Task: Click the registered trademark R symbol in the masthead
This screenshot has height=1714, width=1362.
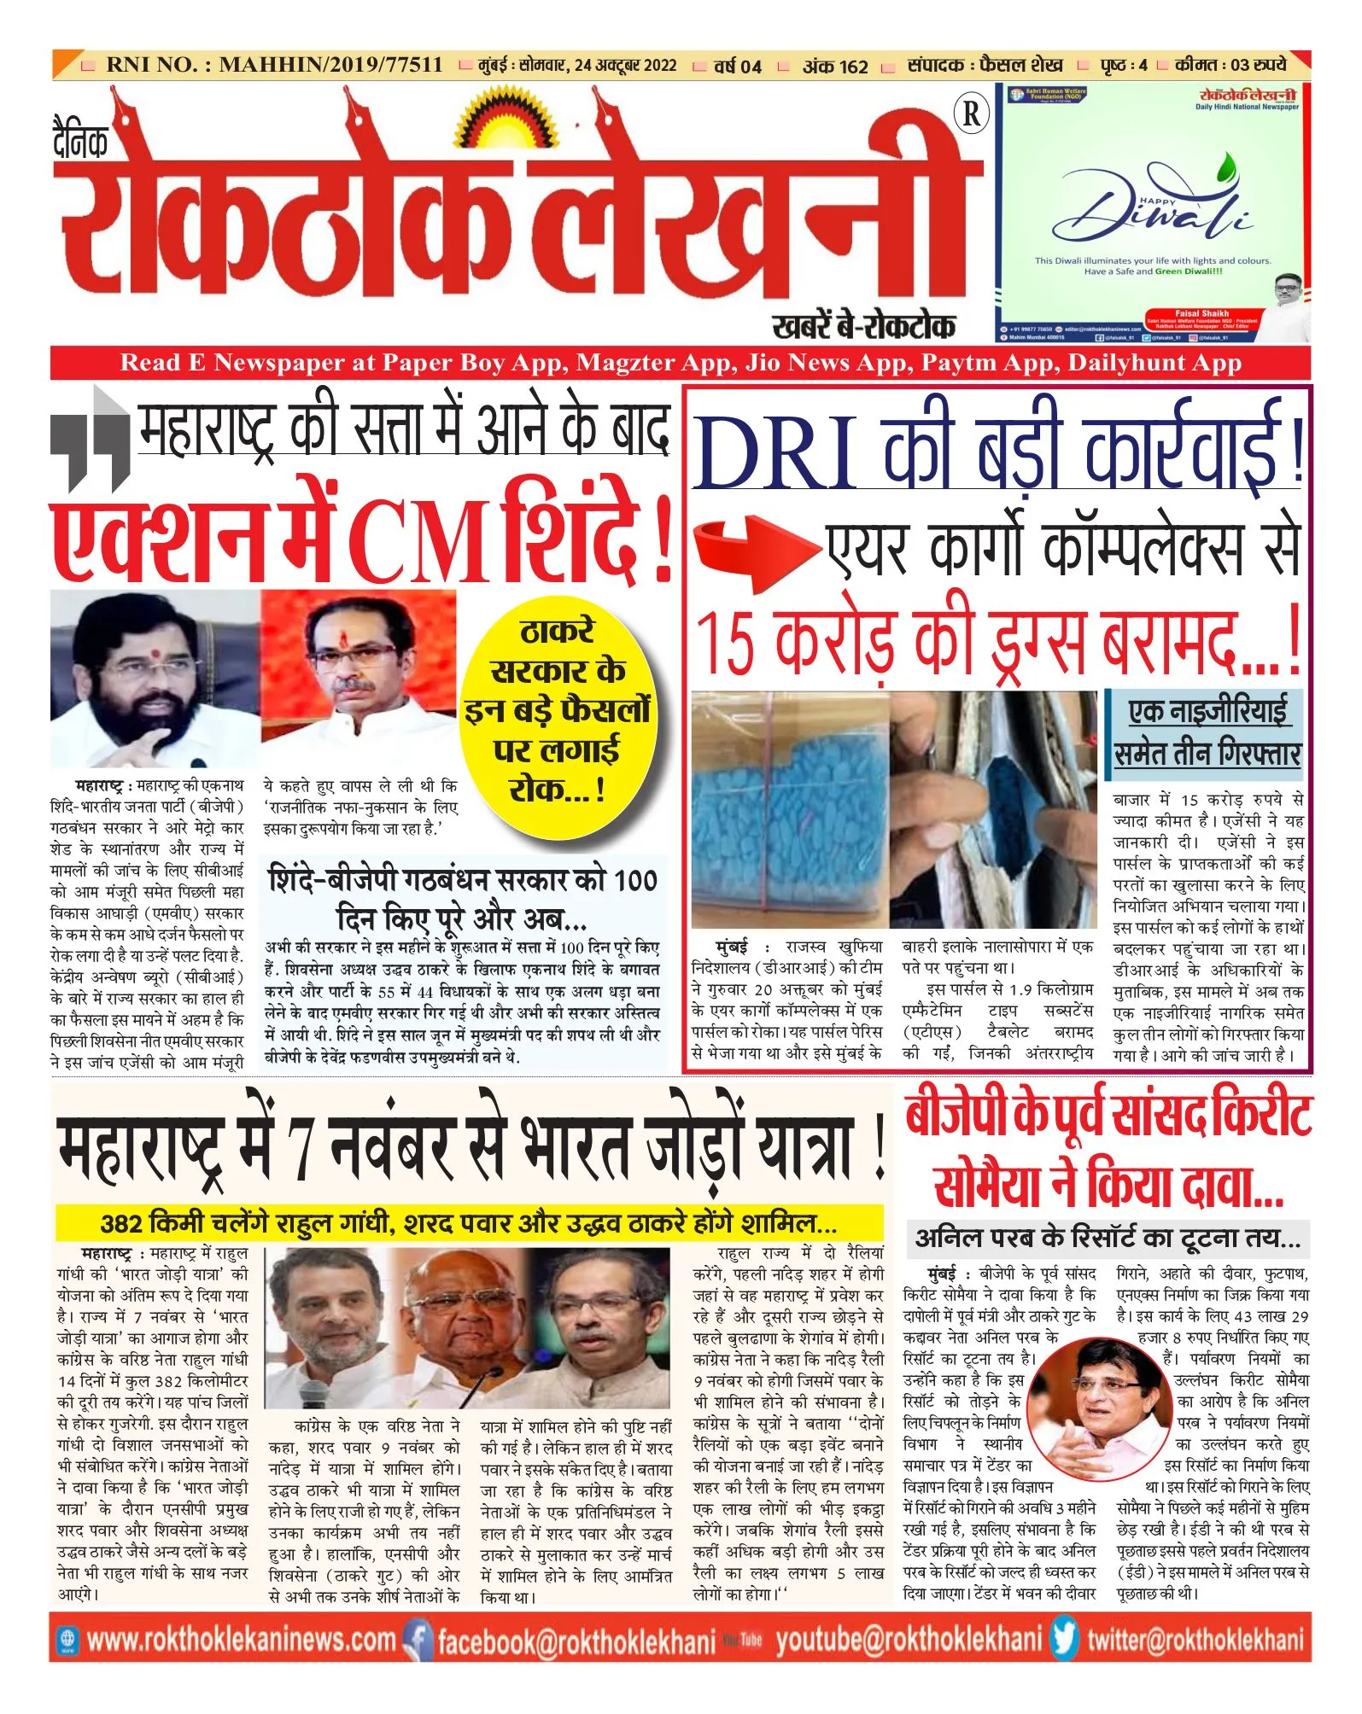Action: click(x=971, y=113)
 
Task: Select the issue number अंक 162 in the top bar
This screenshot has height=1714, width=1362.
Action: click(x=834, y=66)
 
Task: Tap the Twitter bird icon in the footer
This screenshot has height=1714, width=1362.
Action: click(x=1064, y=1640)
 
